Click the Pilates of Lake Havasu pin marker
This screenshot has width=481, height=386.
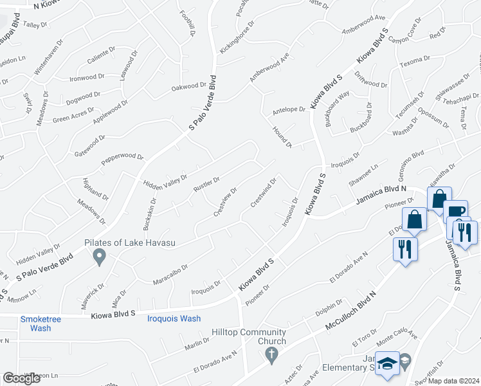click(99, 257)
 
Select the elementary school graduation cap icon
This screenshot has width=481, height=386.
click(387, 363)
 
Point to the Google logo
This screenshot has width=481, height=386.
click(21, 378)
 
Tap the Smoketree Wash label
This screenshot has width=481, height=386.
click(35, 323)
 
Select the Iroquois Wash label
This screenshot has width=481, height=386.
click(174, 318)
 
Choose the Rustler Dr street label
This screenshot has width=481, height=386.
click(207, 185)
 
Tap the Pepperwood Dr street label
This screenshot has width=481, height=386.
click(122, 161)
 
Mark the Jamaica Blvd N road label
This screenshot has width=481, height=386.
click(382, 196)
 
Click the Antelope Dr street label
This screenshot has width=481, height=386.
click(288, 109)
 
